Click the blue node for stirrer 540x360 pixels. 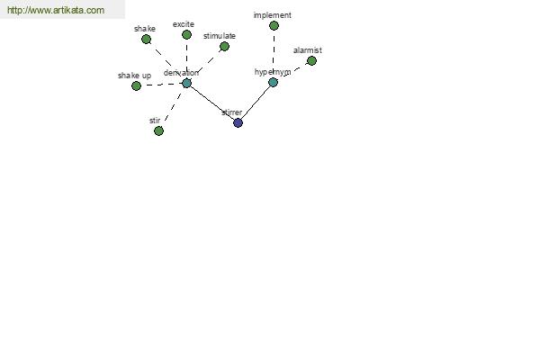(x=238, y=122)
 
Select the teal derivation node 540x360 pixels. (x=186, y=83)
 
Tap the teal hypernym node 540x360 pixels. (x=273, y=82)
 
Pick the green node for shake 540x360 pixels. (x=146, y=40)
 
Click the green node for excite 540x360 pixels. (x=186, y=35)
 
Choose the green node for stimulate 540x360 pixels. (x=224, y=46)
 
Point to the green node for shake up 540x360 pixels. (x=137, y=85)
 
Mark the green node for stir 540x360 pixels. (x=158, y=130)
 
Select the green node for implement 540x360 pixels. (x=274, y=25)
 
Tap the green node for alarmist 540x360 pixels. (x=311, y=61)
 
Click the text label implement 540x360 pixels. (x=273, y=15)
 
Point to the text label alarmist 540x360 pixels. (x=308, y=50)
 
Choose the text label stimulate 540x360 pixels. (x=220, y=36)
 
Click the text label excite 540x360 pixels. (x=184, y=24)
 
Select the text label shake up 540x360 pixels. (x=134, y=76)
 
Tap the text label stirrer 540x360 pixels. (x=232, y=112)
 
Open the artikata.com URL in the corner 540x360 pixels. (x=56, y=10)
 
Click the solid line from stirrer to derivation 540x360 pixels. (x=212, y=103)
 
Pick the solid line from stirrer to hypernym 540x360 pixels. (x=256, y=103)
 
